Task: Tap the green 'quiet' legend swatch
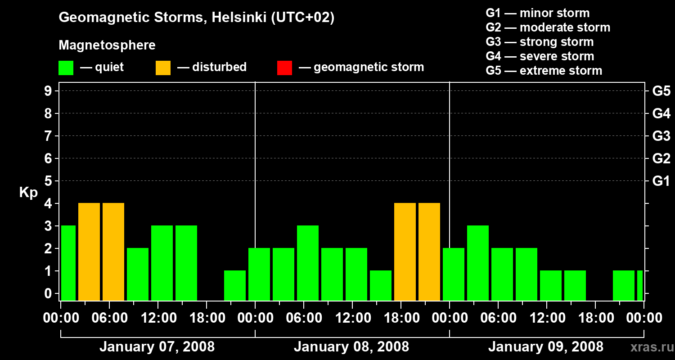pos(66,68)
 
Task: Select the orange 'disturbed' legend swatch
pos(163,68)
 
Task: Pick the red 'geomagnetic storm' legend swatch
pos(284,68)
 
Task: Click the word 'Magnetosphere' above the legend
pos(107,45)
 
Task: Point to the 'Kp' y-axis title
pos(28,193)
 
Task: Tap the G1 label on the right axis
pos(661,181)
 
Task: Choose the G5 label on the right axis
pos(661,91)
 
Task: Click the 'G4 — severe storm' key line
pos(540,56)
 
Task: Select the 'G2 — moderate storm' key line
pos(548,27)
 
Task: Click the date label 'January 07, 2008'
pos(157,347)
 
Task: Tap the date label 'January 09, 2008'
pos(546,347)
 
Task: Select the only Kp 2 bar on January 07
pos(138,274)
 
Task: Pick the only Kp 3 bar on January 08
pos(308,263)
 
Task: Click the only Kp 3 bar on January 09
pos(478,263)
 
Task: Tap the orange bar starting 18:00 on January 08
pos(405,252)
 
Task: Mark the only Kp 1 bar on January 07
pos(235,285)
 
